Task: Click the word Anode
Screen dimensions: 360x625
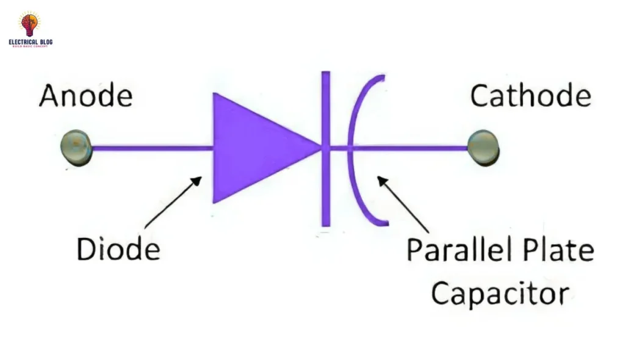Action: pyautogui.click(x=86, y=96)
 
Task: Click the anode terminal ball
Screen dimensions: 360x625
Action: pyautogui.click(x=76, y=147)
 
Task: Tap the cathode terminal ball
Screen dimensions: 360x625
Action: pyautogui.click(x=483, y=147)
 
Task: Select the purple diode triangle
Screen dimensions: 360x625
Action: pyautogui.click(x=256, y=148)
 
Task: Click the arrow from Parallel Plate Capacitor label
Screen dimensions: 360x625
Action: pyautogui.click(x=403, y=204)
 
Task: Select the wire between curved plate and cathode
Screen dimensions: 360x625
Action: pyautogui.click(x=415, y=148)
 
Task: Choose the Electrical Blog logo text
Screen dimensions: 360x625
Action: pyautogui.click(x=30, y=43)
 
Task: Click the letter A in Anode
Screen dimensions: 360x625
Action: pyautogui.click(x=49, y=96)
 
